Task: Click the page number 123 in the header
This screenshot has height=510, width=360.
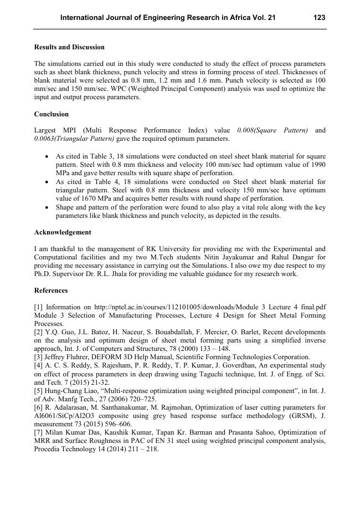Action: [319, 18]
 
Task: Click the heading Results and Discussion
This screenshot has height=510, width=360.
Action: [69, 47]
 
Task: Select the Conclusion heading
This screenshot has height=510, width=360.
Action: [52, 114]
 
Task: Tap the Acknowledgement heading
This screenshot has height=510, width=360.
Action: [63, 232]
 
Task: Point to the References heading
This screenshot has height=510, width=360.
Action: [51, 290]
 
